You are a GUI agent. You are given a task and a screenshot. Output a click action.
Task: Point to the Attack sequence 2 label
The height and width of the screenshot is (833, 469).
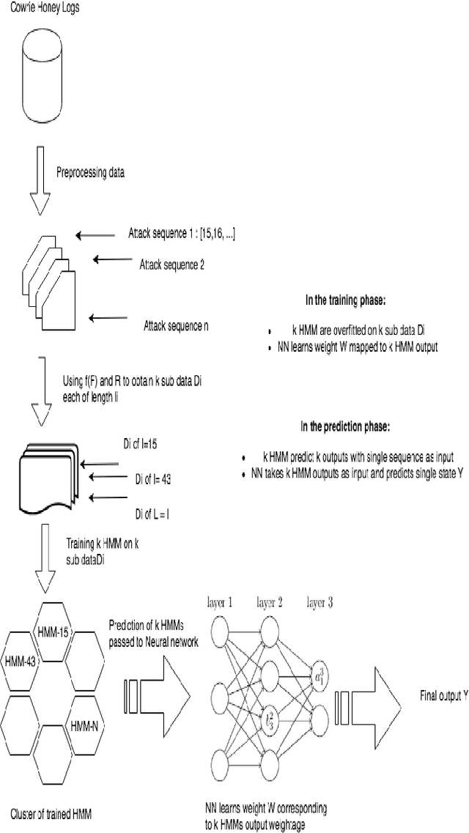(x=171, y=264)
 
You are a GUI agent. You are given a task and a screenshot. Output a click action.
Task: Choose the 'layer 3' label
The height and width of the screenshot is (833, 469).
(x=319, y=604)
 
